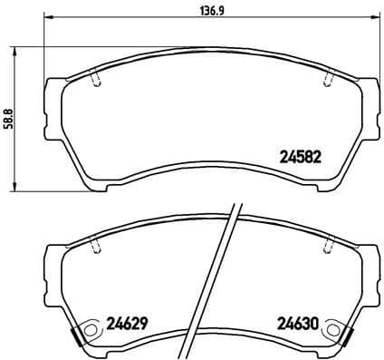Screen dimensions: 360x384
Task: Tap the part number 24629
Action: coord(126,322)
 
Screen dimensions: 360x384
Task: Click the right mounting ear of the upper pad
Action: coord(372,100)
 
